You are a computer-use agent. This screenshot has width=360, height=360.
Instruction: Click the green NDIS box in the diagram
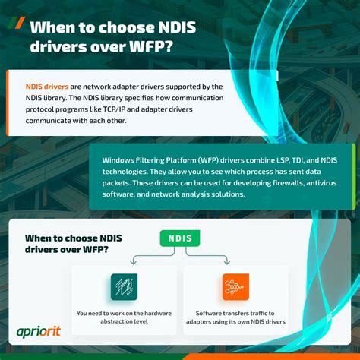click(180, 239)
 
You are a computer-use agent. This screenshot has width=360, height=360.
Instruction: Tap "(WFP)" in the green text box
click(211, 159)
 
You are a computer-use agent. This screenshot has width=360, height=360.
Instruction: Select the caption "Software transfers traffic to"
click(235, 313)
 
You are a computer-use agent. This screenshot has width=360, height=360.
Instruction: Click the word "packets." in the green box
click(117, 182)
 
